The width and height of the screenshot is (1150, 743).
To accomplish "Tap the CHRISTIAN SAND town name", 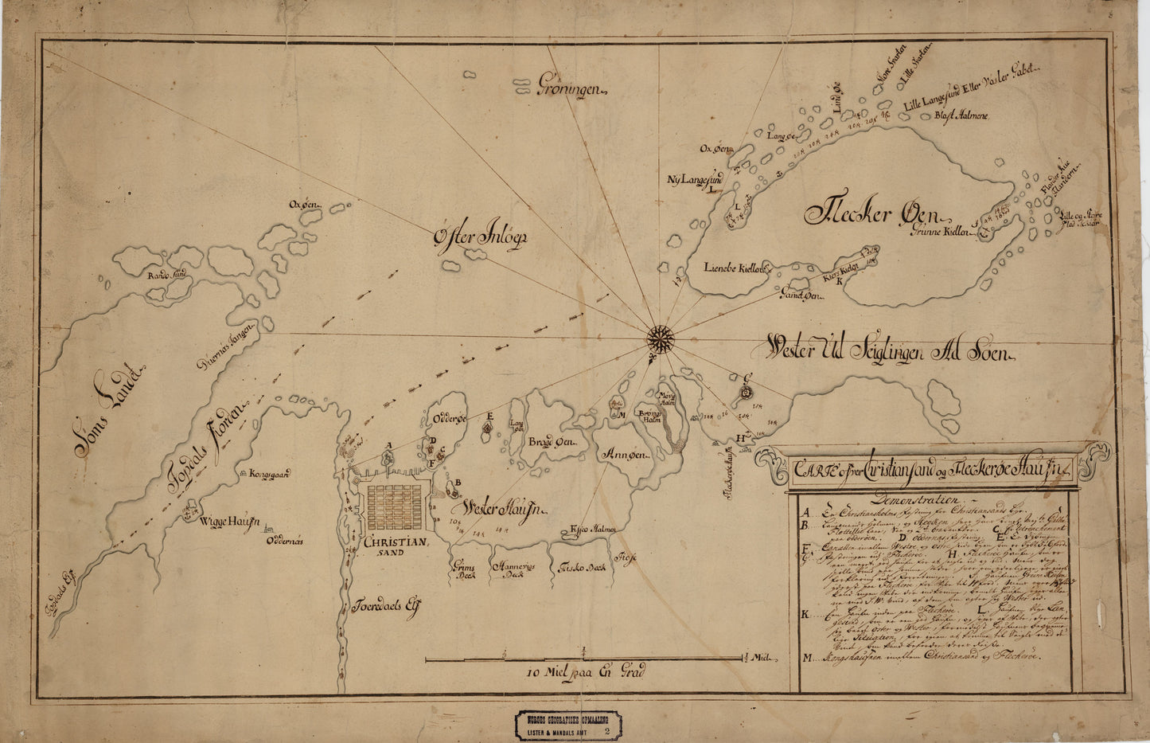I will (396, 546).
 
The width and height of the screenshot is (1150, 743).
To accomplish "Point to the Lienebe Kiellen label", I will (733, 268).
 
